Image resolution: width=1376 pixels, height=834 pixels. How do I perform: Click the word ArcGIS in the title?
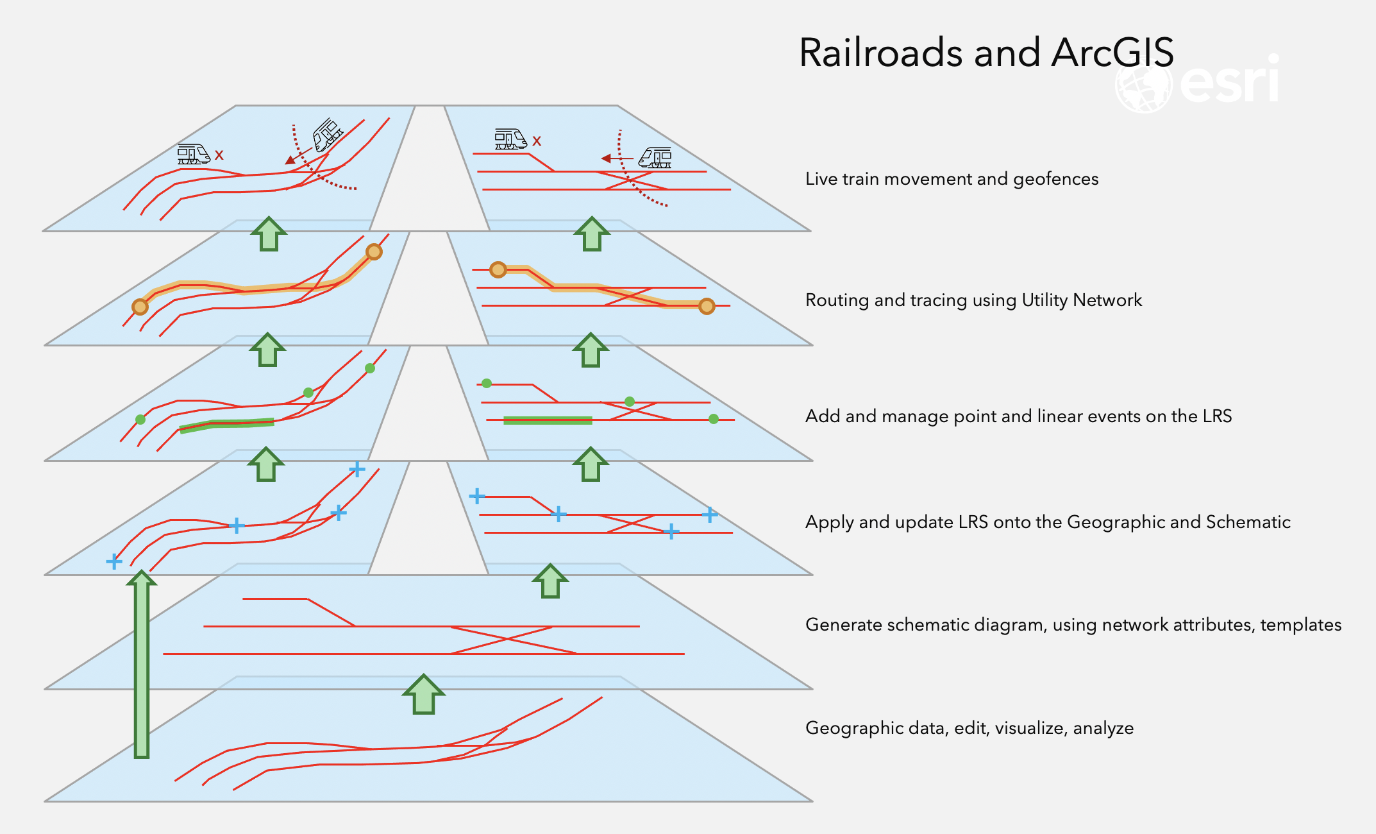1112,53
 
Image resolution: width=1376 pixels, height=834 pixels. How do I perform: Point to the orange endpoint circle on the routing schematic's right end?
707,306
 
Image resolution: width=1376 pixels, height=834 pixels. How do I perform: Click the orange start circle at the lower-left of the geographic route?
140,307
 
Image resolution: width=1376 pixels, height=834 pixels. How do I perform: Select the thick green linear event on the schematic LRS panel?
548,420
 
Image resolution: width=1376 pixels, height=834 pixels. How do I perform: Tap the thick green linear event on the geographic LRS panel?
227,425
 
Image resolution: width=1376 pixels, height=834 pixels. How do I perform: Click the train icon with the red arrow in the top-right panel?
655,157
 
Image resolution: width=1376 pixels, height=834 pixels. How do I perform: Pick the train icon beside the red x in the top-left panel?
194,154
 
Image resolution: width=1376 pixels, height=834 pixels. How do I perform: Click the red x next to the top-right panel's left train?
537,141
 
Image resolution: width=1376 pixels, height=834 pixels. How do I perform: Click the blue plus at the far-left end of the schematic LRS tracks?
476,496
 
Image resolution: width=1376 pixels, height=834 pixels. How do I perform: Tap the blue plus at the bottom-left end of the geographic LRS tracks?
114,562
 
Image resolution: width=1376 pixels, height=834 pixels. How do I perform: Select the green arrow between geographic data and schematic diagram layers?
423,694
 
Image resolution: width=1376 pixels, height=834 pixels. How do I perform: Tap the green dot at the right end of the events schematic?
714,419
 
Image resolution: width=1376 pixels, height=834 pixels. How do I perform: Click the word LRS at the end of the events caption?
1217,416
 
